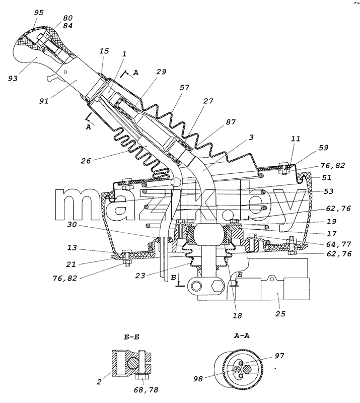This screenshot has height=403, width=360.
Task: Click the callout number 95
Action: (39, 13)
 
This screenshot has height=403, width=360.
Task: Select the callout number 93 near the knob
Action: (13, 78)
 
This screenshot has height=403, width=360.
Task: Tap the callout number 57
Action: (184, 87)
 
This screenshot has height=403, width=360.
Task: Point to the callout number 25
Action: (280, 313)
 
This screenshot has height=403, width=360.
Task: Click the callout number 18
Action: (237, 315)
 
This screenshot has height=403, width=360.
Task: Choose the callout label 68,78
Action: (146, 389)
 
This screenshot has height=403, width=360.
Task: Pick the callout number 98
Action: (198, 379)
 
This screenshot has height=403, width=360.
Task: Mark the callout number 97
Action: (279, 356)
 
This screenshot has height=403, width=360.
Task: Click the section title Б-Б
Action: (131, 337)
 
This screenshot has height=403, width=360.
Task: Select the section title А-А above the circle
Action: (242, 335)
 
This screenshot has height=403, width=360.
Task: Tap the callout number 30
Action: (72, 224)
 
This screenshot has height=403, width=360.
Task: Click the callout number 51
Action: (326, 177)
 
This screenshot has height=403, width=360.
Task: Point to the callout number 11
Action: (296, 139)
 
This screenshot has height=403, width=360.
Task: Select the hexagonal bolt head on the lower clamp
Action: (218, 285)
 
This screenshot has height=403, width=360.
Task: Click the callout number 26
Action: (86, 161)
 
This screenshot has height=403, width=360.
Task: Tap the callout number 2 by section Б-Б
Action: (99, 382)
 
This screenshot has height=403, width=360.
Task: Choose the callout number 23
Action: (140, 276)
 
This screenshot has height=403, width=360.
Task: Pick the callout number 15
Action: (104, 51)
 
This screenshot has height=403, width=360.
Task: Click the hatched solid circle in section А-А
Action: (248, 370)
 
